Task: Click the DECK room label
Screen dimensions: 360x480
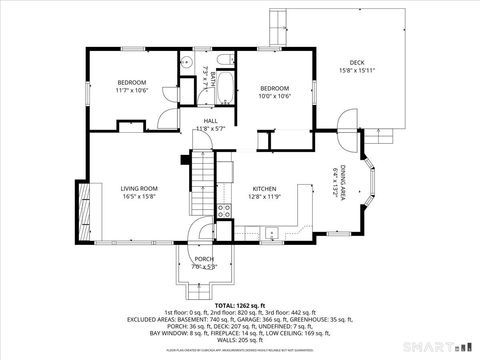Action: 356,61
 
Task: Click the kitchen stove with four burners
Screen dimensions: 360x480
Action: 223,210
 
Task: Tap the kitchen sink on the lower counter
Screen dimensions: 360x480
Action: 271,233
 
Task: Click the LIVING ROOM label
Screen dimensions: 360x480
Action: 141,188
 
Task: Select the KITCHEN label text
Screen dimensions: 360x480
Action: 264,188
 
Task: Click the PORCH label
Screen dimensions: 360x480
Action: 204,258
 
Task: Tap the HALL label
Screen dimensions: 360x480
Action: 211,120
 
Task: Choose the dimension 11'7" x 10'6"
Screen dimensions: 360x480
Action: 132,90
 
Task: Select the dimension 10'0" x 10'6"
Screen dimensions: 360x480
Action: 275,96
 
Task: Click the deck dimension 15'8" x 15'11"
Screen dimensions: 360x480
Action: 357,70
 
